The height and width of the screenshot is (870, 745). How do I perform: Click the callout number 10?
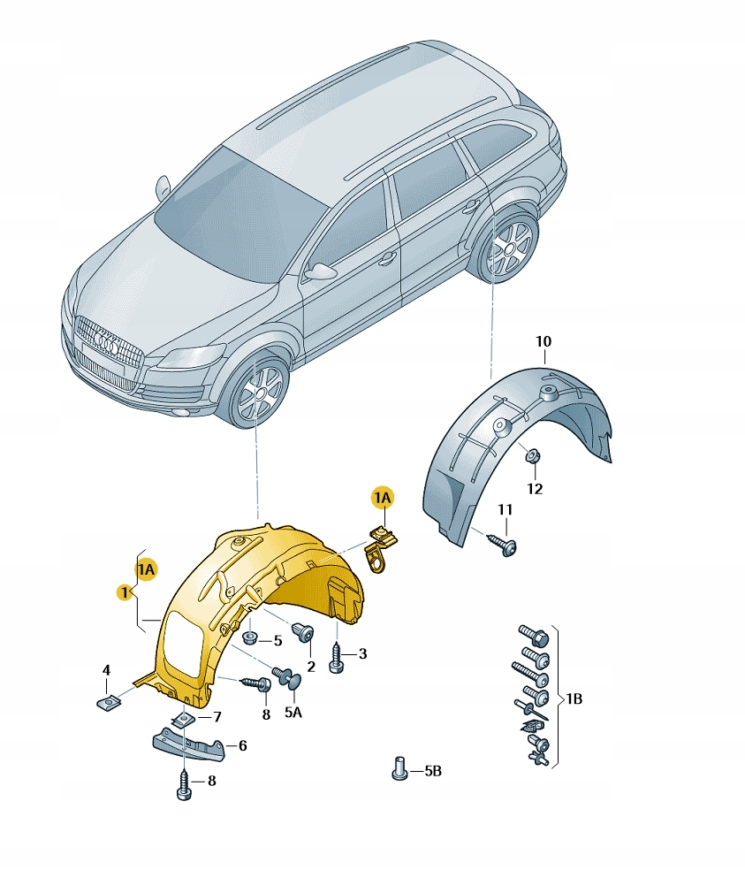coord(544,341)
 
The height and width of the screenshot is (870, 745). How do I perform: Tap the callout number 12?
coord(535,488)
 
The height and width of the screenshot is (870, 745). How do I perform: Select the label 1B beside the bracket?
coord(574,698)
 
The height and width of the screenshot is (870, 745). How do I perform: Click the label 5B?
coord(433,771)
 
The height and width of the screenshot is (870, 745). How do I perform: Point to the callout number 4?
coord(106,670)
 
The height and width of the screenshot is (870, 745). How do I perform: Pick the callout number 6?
coord(242,745)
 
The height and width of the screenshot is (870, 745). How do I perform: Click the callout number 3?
coord(362,653)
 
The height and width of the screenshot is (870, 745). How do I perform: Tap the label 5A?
coord(293,712)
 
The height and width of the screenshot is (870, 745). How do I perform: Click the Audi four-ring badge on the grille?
coord(105,342)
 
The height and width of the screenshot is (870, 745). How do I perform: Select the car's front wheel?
coord(259,393)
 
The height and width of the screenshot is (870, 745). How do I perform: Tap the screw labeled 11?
coord(503,545)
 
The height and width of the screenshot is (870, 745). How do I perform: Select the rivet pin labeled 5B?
coord(399,768)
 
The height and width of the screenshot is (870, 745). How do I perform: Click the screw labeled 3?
coord(337,658)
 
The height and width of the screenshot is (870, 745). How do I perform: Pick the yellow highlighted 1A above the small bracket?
coord(382,498)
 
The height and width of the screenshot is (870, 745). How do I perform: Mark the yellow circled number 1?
coord(125,592)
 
